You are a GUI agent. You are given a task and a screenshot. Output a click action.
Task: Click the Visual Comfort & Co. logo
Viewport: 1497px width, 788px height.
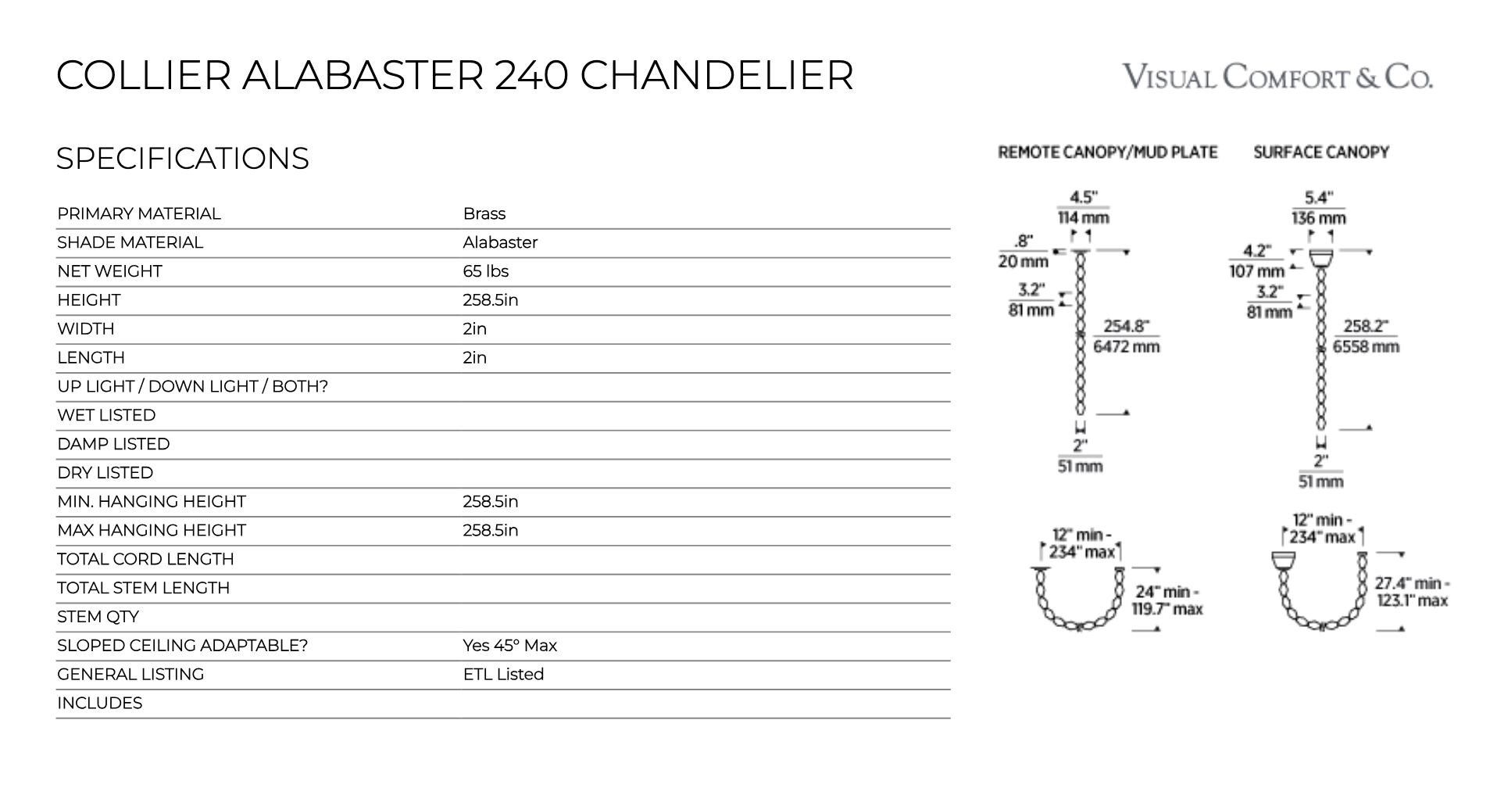coord(1277,77)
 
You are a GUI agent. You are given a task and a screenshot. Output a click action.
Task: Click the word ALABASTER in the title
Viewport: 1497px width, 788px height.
coord(363,75)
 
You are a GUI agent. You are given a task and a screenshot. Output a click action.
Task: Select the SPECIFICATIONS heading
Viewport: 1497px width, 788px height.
coord(183,159)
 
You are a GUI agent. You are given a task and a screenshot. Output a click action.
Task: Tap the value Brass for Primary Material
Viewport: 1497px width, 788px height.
coord(484,213)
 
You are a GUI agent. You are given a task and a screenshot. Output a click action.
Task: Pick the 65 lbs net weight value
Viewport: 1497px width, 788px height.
coord(485,271)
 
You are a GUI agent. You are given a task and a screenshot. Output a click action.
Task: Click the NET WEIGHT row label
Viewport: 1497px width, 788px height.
coord(109,271)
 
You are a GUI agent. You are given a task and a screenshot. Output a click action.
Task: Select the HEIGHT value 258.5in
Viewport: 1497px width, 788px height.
coord(490,300)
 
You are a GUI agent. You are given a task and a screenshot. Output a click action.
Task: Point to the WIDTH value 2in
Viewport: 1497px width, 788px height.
coord(474,329)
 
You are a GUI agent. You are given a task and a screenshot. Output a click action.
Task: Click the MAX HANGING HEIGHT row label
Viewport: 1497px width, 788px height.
coord(152,530)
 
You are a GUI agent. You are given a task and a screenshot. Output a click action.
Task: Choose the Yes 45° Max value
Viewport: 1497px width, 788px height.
coord(509,646)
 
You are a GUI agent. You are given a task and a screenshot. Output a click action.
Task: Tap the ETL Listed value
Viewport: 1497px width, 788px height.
coord(503,674)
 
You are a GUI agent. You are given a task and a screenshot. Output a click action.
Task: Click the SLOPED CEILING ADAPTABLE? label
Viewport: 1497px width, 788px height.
coord(182,646)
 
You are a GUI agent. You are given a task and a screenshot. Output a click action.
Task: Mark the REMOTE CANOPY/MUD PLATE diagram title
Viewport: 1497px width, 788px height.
coord(1107,152)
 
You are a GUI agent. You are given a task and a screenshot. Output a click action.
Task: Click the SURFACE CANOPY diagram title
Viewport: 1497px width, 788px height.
coord(1320,152)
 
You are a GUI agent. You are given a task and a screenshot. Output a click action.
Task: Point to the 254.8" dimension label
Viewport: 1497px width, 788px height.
coord(1126,327)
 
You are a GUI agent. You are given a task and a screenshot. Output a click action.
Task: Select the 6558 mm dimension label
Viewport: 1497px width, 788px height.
coord(1366,346)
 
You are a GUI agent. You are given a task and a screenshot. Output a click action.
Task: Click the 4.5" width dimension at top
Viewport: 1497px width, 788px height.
coord(1083,198)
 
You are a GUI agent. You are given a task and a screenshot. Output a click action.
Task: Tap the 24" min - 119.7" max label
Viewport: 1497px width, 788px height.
coord(1167,600)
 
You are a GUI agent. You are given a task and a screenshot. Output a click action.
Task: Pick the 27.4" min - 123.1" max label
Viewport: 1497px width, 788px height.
coord(1411,592)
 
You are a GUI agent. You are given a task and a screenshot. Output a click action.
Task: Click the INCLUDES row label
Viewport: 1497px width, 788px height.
coord(99,703)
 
